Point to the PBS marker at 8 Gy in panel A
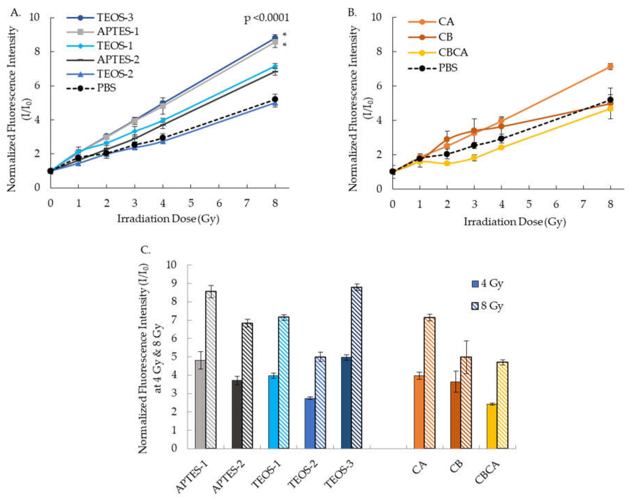pos(275,99)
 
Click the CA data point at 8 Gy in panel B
pos(610,67)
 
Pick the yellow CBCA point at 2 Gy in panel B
pos(447,163)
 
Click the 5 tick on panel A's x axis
pos(191,203)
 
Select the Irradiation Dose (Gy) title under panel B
pos(514,222)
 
